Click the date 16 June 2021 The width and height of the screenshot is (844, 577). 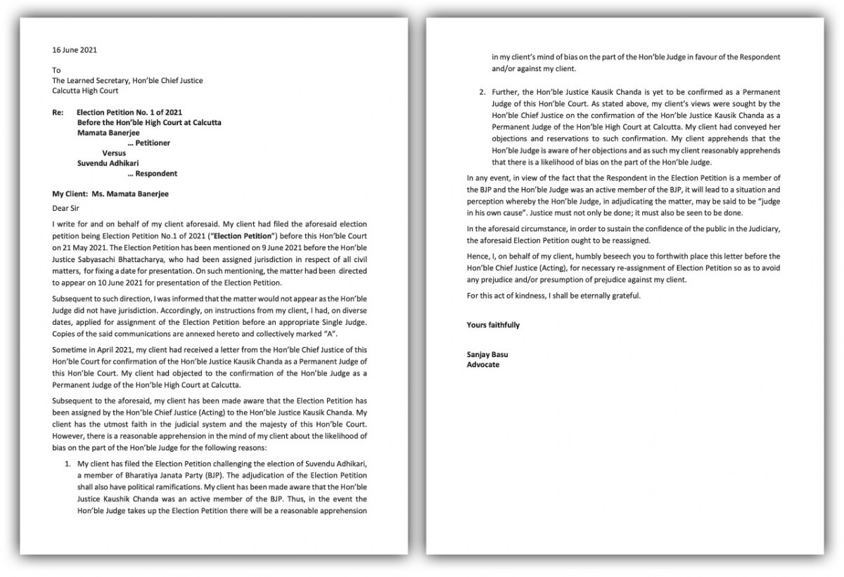pos(75,50)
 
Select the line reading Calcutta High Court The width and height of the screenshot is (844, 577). pos(85,91)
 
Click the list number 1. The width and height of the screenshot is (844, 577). pos(68,465)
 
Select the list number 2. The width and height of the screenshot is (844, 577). pos(482,92)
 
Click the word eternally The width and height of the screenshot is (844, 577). pos(592,294)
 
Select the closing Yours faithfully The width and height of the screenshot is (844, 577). pos(493,325)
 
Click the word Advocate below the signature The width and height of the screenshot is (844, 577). pos(483,365)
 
